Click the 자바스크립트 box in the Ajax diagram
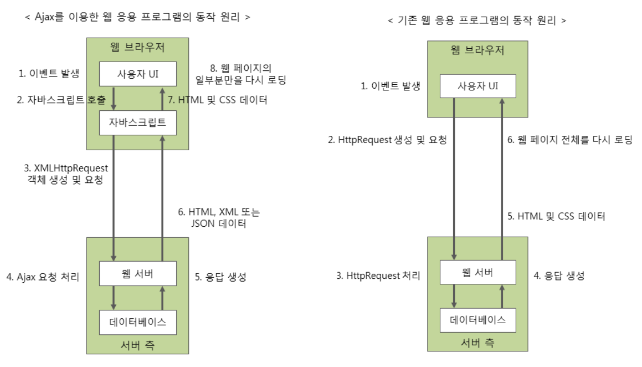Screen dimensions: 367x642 138,122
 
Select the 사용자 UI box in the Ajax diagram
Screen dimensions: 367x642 138,74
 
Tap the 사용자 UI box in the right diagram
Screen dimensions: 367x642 477,86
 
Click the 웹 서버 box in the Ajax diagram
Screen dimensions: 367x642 138,273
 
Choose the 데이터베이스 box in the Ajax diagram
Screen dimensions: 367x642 138,322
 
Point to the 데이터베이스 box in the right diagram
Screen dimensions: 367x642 477,320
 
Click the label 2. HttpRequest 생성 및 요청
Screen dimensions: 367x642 388,141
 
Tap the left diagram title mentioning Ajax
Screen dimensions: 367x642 137,17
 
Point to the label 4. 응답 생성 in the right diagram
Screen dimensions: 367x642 558,276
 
